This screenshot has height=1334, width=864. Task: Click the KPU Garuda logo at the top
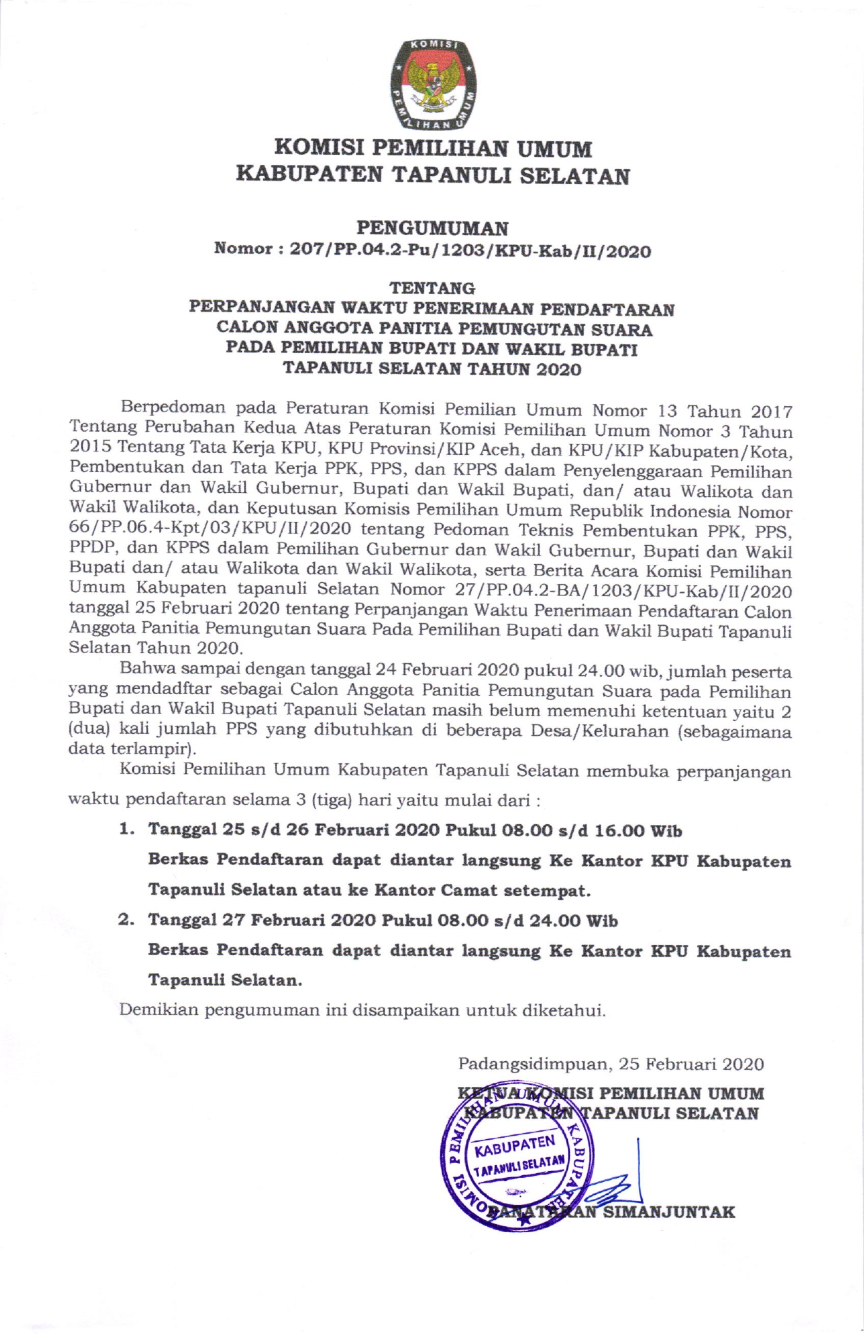[x=433, y=85]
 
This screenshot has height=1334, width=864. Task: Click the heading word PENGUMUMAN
[x=433, y=227]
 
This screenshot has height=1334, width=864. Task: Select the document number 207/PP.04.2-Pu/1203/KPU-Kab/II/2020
[x=470, y=250]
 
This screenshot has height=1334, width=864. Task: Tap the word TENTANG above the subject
[x=432, y=289]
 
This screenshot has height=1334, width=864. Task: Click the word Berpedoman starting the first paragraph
[x=173, y=409]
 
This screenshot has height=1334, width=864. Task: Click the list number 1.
[x=125, y=830]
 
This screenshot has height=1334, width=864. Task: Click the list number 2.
[x=125, y=921]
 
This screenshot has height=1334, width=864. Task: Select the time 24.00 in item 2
[x=552, y=921]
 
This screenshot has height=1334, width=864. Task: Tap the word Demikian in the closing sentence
[x=159, y=1010]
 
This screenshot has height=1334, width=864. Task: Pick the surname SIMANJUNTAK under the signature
[x=669, y=1212]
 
